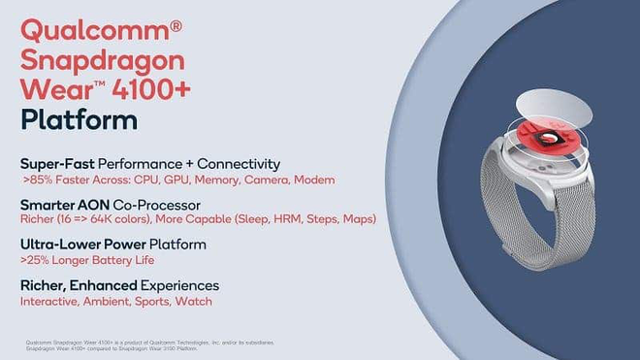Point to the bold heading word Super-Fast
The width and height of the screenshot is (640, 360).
pos(57,165)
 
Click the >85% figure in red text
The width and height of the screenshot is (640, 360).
pos(39,180)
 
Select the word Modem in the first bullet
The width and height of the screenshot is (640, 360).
pos(315,180)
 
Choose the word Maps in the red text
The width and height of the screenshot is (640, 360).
pos(360,220)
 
